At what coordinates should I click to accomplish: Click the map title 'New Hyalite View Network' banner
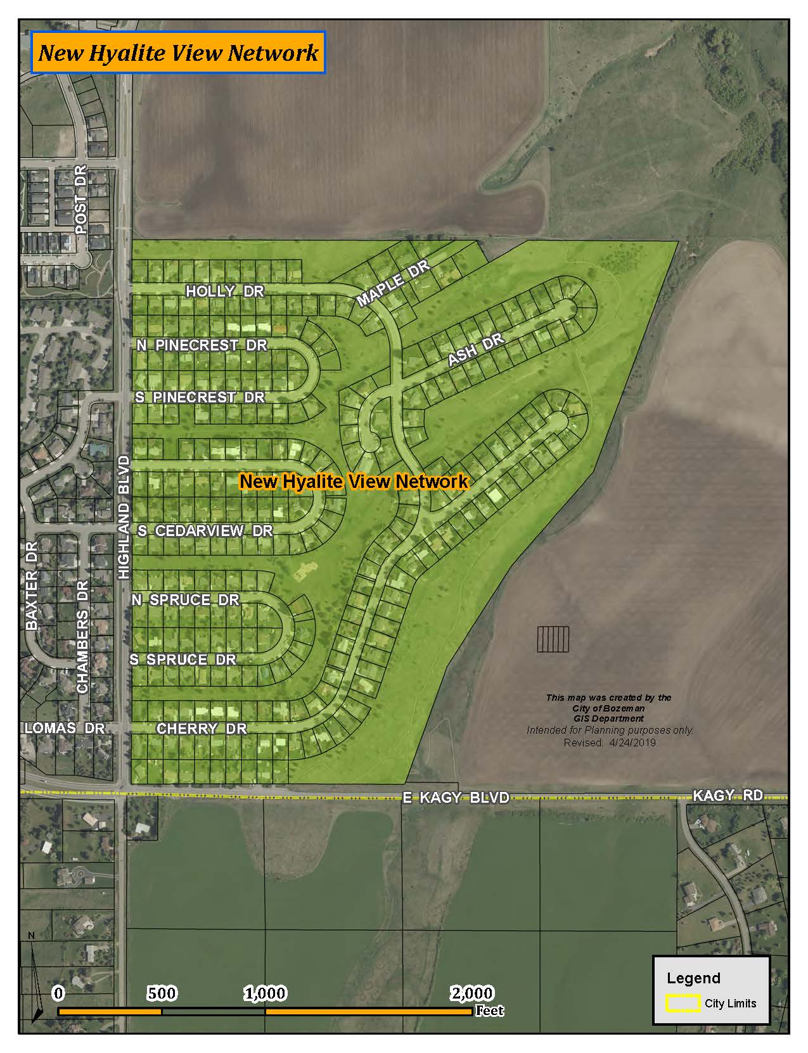coord(178,53)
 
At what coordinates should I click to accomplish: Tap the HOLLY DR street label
coord(224,291)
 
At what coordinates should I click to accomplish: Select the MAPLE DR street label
coord(393,283)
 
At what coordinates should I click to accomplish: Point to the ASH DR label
coord(476,350)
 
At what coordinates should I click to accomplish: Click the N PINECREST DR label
coord(202,345)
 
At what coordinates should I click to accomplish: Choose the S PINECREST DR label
coord(200,398)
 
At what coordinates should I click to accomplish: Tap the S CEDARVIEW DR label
coord(205,531)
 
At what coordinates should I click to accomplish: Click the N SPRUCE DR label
coord(186,600)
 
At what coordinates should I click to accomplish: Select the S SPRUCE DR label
coord(183,660)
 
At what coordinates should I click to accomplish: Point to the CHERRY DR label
coord(202,729)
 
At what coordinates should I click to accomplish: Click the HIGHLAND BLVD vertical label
coord(124,517)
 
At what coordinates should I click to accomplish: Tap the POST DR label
coord(80,200)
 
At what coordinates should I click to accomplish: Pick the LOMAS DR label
coord(65,729)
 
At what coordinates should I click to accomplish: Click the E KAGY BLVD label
coord(456,798)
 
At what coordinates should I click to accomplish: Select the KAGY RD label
coord(728,795)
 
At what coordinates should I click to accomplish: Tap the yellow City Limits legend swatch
coord(683,1004)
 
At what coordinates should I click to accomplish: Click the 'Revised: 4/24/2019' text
coord(610,743)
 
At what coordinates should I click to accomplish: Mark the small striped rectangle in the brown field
coord(553,639)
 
